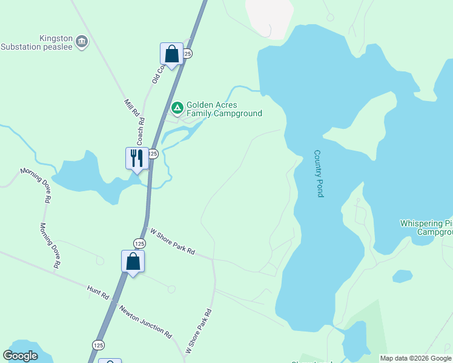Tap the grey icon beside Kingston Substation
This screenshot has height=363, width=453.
pyautogui.click(x=82, y=42)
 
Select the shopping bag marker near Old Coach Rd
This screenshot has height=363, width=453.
pyautogui.click(x=172, y=54)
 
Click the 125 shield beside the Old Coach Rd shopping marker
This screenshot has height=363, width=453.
pyautogui.click(x=187, y=54)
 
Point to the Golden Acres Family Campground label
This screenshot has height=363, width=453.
pyautogui.click(x=224, y=109)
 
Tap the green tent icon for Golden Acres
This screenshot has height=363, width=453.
pyautogui.click(x=177, y=108)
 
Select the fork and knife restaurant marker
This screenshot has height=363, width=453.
pyautogui.click(x=137, y=159)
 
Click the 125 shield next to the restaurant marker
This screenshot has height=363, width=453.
pyautogui.click(x=153, y=154)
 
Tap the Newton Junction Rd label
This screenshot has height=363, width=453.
pyautogui.click(x=145, y=321)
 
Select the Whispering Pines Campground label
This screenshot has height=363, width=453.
pyautogui.click(x=426, y=227)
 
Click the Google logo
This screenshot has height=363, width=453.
pyautogui.click(x=21, y=356)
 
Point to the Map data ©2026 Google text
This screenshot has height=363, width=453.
pyautogui.click(x=415, y=358)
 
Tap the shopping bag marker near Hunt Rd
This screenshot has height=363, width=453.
pyautogui.click(x=133, y=261)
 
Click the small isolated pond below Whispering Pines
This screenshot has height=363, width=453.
pyautogui.click(x=402, y=276)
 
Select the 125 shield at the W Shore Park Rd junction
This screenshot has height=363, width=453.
pyautogui.click(x=139, y=243)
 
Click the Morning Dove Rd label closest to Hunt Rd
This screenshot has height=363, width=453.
pyautogui.click(x=51, y=245)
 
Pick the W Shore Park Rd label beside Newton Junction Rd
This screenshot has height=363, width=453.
pyautogui.click(x=199, y=332)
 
